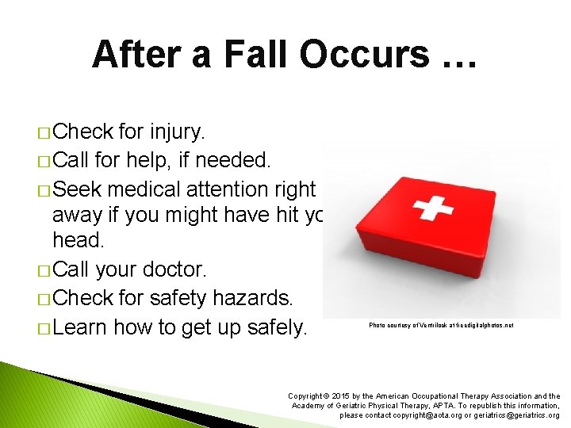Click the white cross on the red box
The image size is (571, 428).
(x=434, y=208)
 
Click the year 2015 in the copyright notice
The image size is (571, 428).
(x=338, y=396)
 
